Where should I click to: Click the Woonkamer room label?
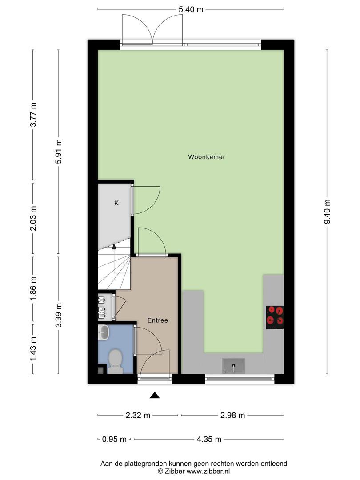(207, 157)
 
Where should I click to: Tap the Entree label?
(158, 320)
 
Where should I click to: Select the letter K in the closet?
(116, 203)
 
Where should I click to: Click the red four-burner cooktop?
(275, 317)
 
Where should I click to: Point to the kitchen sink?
(234, 366)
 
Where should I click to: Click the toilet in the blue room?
(115, 361)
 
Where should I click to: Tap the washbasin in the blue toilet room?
(104, 332)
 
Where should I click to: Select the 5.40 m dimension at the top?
(191, 9)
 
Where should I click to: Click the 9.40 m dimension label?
(327, 212)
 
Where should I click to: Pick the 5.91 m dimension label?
(59, 151)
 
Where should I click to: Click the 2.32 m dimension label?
(138, 415)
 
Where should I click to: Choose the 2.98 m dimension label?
(232, 415)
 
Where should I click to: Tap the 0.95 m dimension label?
(114, 439)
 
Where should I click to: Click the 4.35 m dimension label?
(209, 439)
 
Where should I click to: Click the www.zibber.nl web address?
(208, 472)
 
